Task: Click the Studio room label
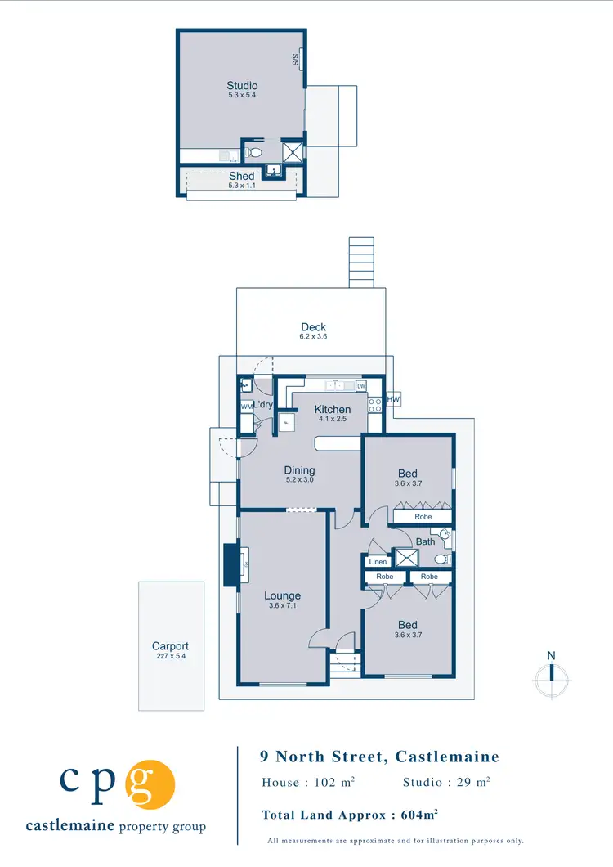tap(242, 86)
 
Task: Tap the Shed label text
tap(242, 176)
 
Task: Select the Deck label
tap(313, 327)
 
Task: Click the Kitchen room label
tap(333, 409)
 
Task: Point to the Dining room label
tap(299, 470)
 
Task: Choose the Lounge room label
tap(282, 596)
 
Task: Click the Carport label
tap(170, 646)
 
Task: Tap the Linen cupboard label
tap(378, 562)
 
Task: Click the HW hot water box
tap(393, 399)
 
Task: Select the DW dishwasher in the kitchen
tap(360, 386)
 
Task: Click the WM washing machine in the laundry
tap(246, 406)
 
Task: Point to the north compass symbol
tap(552, 672)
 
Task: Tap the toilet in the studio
tap(254, 153)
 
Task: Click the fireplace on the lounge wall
tap(231, 564)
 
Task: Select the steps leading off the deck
tap(360, 262)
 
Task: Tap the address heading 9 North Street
tap(379, 757)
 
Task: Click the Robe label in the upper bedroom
tap(423, 517)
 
